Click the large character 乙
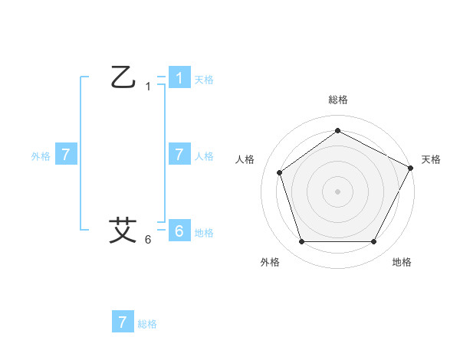pyautogui.click(x=123, y=77)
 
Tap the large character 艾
pyautogui.click(x=123, y=230)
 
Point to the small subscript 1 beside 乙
pyautogui.click(x=148, y=87)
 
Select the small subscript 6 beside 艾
pyautogui.click(x=148, y=240)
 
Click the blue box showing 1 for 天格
pyautogui.click(x=179, y=77)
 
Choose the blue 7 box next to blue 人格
pyautogui.click(x=179, y=154)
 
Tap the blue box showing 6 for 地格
pyautogui.click(x=179, y=231)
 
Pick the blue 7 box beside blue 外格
pyautogui.click(x=66, y=154)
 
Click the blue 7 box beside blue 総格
pyautogui.click(x=123, y=322)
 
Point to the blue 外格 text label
pyautogui.click(x=41, y=155)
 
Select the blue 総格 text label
pyautogui.click(x=147, y=324)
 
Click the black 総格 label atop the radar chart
pyautogui.click(x=337, y=100)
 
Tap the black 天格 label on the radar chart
pyautogui.click(x=431, y=159)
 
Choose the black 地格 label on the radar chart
pyautogui.click(x=402, y=262)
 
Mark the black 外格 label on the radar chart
pyautogui.click(x=270, y=262)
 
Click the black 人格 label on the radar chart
pyautogui.click(x=245, y=159)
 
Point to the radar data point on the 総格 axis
pyautogui.click(x=337, y=130)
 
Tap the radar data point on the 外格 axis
pyautogui.click(x=301, y=242)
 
